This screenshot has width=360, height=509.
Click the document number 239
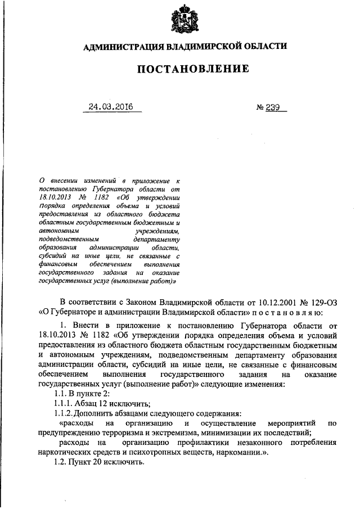(274, 106)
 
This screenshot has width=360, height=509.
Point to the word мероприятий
(295, 423)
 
